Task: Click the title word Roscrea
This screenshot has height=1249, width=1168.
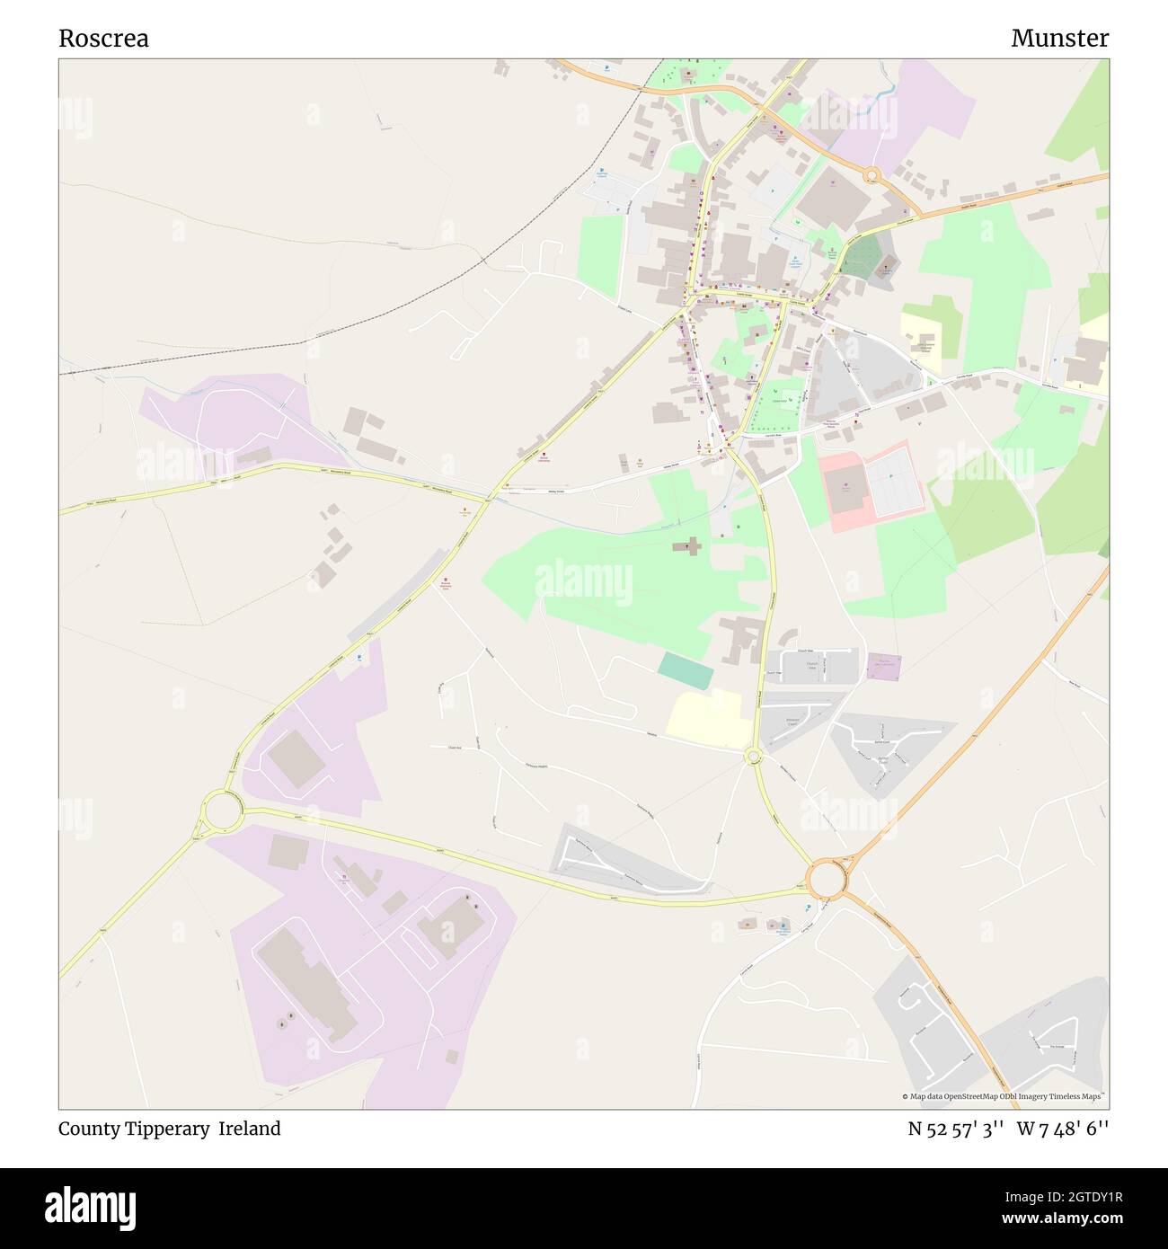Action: [103, 39]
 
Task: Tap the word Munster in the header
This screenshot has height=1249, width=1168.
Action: [1059, 39]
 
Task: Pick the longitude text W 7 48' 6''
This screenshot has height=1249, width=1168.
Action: [1063, 1129]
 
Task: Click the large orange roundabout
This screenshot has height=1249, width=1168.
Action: [826, 880]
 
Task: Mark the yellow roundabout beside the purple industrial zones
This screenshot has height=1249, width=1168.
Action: [222, 811]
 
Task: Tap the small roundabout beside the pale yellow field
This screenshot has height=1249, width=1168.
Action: [753, 757]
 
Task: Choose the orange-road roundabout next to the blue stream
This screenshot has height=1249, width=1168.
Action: [870, 175]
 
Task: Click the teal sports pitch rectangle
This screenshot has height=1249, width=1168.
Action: [686, 670]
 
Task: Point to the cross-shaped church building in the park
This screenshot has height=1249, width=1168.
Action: [692, 546]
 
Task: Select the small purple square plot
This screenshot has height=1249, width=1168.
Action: [884, 666]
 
